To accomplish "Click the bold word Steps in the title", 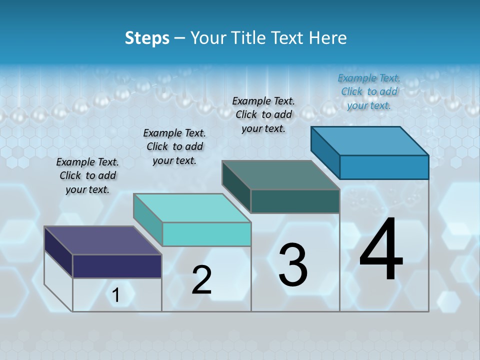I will click(147, 38).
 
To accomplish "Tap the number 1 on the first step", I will click(116, 295).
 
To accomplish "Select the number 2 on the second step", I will click(201, 280).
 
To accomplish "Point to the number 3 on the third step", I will click(293, 265).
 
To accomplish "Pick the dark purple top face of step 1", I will click(103, 240).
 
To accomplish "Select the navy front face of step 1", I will click(117, 266).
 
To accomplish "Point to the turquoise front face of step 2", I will click(206, 234).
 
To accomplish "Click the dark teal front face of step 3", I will click(295, 201).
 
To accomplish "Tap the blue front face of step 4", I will click(384, 167).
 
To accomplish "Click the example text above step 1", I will click(87, 175).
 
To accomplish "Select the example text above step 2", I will click(174, 146).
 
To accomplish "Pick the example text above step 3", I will click(263, 114).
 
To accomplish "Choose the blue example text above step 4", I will click(369, 91).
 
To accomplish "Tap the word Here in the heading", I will click(329, 38).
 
